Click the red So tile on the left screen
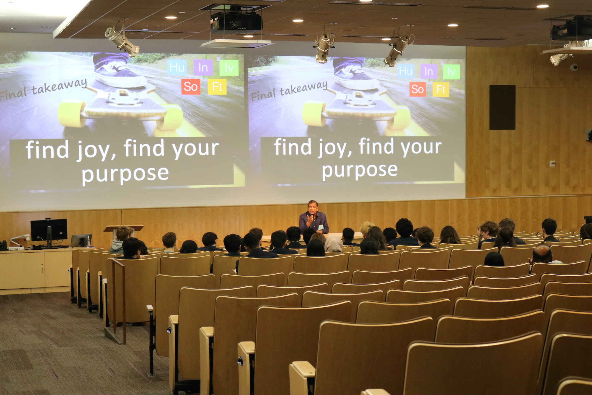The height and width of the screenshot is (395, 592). (x=191, y=87)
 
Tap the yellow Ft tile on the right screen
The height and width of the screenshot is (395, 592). (x=441, y=89)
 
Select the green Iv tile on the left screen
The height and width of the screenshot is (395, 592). (x=229, y=68)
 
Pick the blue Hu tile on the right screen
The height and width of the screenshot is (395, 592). (x=406, y=71)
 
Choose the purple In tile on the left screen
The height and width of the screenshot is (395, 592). (x=203, y=68)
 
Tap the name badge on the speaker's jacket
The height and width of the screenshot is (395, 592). (x=321, y=227)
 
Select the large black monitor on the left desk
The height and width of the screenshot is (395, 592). (x=49, y=230)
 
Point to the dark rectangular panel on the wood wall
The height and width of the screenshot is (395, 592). (x=502, y=107)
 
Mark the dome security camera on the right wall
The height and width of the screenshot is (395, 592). (x=574, y=67)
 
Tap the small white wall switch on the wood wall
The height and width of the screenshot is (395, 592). (x=552, y=163)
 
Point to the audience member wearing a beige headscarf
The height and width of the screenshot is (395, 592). (x=334, y=244)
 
